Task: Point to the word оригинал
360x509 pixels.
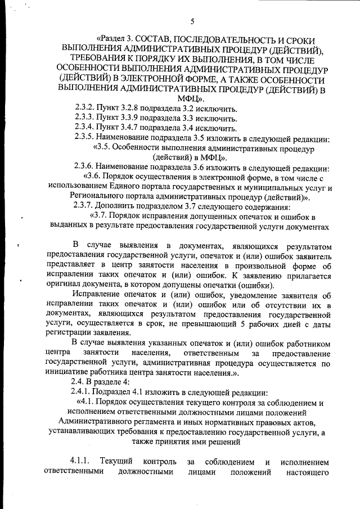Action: [61, 285]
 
